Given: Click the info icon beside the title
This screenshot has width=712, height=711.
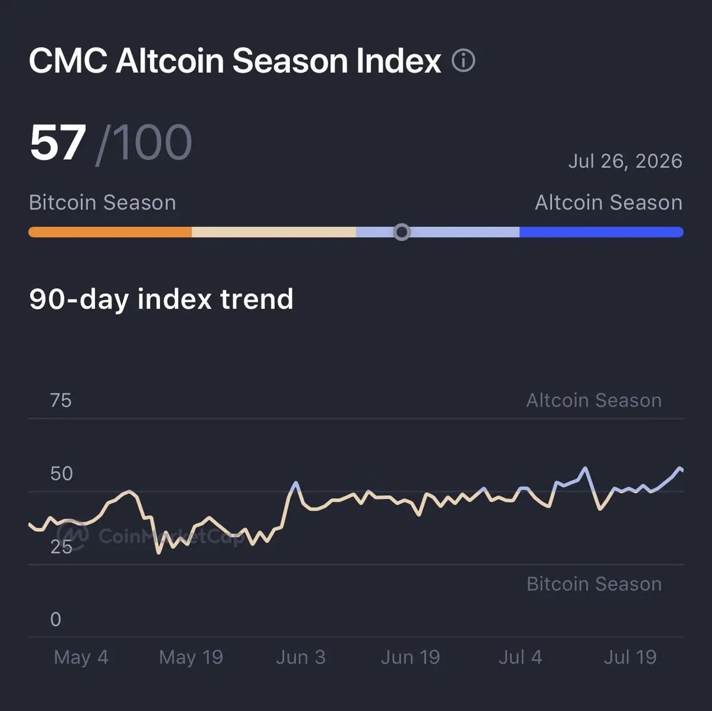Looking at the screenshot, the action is pos(463,61).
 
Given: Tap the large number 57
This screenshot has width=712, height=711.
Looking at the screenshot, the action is pos(58,142).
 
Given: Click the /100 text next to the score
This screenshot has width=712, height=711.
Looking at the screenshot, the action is pos(144,144).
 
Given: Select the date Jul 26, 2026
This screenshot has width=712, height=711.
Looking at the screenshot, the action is pos(625,161).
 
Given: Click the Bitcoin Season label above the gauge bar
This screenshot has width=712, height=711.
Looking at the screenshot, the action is pos(102,202).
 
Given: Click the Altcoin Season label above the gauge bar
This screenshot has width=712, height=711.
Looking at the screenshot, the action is pos(609,202).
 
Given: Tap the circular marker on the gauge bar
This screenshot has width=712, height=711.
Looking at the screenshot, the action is pos(402,232).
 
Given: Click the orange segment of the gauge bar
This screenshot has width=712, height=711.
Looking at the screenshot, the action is pos(110,232).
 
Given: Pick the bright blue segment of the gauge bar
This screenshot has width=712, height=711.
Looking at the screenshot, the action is pos(601,232).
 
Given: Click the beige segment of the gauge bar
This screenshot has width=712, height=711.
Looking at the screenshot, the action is pos(274,232).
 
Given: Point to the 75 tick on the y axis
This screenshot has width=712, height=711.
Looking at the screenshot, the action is pos(61,401).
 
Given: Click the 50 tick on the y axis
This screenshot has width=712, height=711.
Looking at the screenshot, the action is pos(61,474).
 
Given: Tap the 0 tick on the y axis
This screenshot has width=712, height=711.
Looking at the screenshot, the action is pos(56,619).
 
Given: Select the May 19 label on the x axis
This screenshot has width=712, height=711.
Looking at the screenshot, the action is pos(191,658).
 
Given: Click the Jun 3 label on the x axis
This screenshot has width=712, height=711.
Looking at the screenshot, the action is pos(301,658).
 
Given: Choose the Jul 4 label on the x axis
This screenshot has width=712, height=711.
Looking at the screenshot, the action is pos(520,658).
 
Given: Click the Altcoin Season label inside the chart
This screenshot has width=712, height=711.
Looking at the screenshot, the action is pos(594,401).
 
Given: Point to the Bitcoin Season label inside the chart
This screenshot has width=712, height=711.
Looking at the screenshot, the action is pos(594,584).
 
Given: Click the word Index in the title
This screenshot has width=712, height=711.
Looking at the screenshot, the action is pos(399,61).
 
